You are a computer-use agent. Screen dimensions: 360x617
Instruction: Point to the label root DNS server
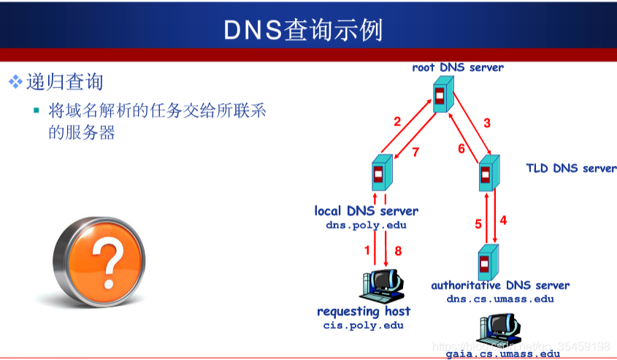coord(458,67)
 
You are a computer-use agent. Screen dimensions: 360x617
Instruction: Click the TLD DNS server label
coord(571,168)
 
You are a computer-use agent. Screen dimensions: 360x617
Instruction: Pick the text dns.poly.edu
coord(366,226)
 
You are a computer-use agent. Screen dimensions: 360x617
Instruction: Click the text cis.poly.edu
coord(363,325)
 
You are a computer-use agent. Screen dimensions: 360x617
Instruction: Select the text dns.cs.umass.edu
coord(500,299)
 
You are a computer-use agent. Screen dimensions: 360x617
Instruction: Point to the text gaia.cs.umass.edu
coord(503,353)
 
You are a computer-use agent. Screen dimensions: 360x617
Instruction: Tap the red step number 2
coord(397,122)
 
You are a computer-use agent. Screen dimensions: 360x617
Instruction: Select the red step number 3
coord(487,122)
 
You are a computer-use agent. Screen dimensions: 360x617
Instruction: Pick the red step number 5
coord(478,224)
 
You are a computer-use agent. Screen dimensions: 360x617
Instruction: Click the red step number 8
coord(398,251)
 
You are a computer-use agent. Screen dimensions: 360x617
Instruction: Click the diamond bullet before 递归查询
coord(15,82)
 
